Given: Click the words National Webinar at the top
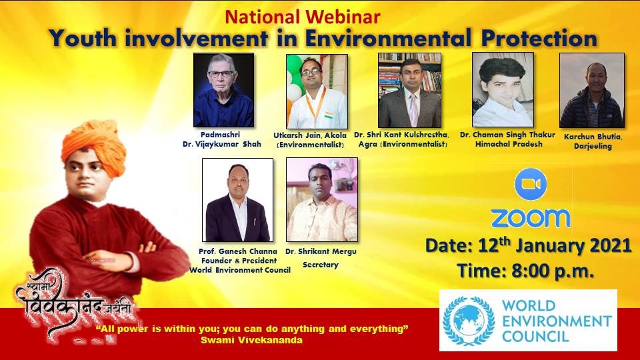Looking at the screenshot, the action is tap(303, 17).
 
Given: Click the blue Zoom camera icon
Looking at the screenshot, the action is tap(530, 184).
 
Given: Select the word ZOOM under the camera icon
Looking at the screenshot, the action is tap(530, 219).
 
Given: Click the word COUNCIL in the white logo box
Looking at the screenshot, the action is tap(535, 337).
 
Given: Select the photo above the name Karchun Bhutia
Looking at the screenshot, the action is tap(592, 90).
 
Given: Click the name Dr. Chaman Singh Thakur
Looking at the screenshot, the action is tap(507, 135).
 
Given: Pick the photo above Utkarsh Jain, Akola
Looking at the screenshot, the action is tap(317, 91).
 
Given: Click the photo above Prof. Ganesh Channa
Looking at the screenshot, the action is tap(237, 200).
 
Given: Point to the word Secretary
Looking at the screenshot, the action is tap(321, 265).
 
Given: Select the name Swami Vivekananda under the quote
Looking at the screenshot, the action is tap(251, 340).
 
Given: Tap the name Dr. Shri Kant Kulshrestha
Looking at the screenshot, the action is tap(401, 135).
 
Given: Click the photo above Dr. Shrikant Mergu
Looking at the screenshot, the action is tap(322, 200).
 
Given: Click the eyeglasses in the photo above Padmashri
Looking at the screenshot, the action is tap(221, 74).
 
